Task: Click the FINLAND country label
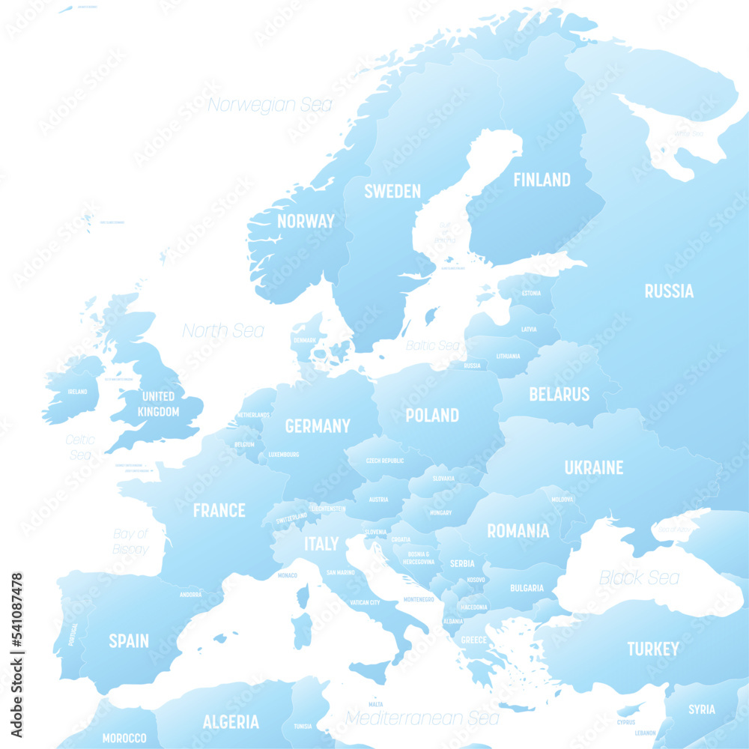[x=542, y=180]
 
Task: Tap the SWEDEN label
[x=392, y=191]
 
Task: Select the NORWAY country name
[x=306, y=221]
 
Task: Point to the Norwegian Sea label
[x=270, y=105]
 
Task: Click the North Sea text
[x=223, y=330]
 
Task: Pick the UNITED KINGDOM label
[x=158, y=404]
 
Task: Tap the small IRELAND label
[x=77, y=392]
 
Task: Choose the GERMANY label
[x=318, y=426]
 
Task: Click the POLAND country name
[x=432, y=415]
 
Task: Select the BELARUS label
[x=559, y=394]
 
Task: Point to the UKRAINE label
[x=594, y=467]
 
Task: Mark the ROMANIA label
[x=518, y=531]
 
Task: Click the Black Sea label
[x=639, y=577]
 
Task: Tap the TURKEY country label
[x=653, y=649]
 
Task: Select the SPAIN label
[x=129, y=641]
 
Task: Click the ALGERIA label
[x=231, y=722]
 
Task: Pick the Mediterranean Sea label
[x=422, y=718]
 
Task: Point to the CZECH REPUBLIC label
[x=384, y=461]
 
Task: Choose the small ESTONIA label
[x=531, y=293]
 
